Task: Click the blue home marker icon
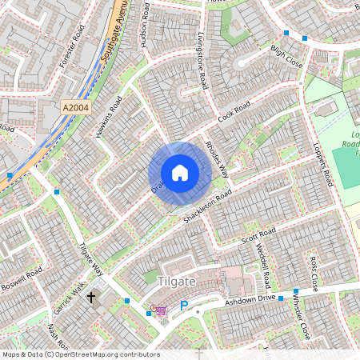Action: (180, 173)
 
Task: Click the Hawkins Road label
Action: (106, 117)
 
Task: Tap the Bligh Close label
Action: (286, 55)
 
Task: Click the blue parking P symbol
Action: (183, 306)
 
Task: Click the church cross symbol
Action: (90, 298)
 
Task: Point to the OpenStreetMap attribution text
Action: (80, 354)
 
